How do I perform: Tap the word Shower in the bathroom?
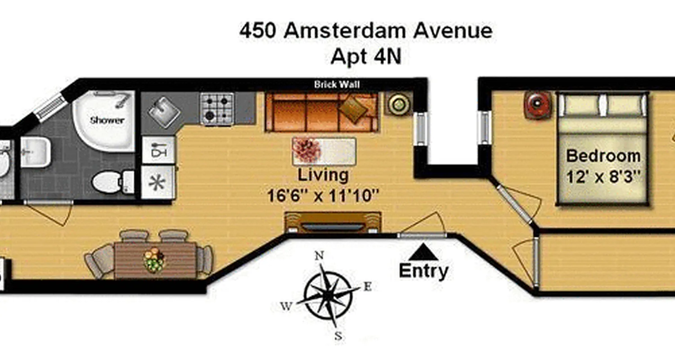pyautogui.click(x=107, y=120)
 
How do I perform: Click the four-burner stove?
pyautogui.click(x=217, y=108)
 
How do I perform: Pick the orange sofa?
pyautogui.click(x=321, y=112)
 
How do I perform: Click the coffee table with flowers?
pyautogui.click(x=324, y=151)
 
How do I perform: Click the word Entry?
pyautogui.click(x=423, y=271)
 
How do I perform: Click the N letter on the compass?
pyautogui.click(x=319, y=256)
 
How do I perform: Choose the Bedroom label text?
pyautogui.click(x=603, y=156)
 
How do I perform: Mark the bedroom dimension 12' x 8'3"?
pyautogui.click(x=603, y=177)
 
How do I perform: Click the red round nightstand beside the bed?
pyautogui.click(x=537, y=105)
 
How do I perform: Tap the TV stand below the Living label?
pyautogui.click(x=333, y=223)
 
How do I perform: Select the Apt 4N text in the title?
pyautogui.click(x=365, y=57)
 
